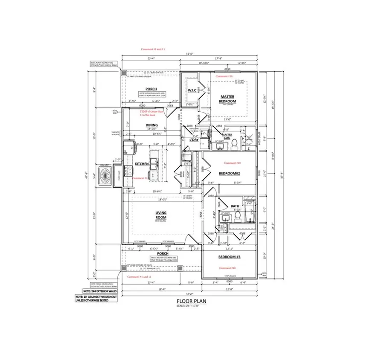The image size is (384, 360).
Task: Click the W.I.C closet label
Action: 191,90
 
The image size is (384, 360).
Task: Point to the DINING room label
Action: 140,125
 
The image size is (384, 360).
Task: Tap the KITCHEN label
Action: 142,164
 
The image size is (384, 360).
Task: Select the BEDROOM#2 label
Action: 229,174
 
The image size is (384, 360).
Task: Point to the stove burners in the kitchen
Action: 128,171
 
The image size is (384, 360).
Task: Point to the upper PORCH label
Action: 151,89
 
